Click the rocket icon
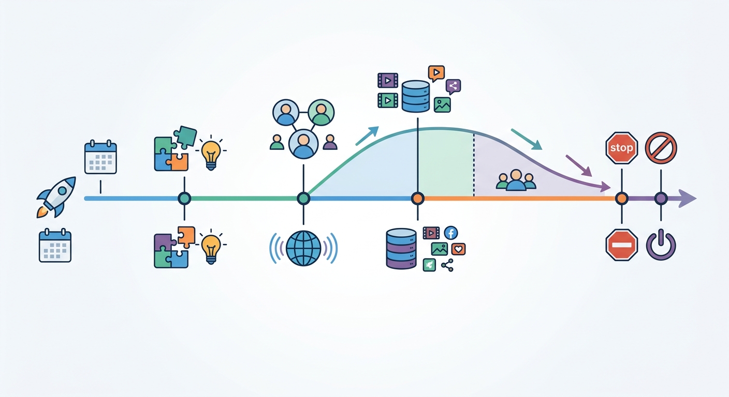(56, 197)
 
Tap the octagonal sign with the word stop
(622, 148)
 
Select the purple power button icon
(661, 245)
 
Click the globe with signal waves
(303, 248)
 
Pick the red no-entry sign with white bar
(622, 245)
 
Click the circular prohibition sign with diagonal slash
(661, 148)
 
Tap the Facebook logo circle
(451, 233)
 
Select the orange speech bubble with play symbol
(436, 73)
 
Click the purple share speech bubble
(453, 86)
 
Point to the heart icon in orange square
(458, 249)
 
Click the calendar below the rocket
(55, 246)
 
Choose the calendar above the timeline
(100, 157)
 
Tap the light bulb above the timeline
(211, 152)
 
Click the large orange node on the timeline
(417, 198)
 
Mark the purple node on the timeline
(661, 198)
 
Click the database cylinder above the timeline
(416, 96)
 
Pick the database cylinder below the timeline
(401, 249)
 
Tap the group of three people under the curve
(516, 180)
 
